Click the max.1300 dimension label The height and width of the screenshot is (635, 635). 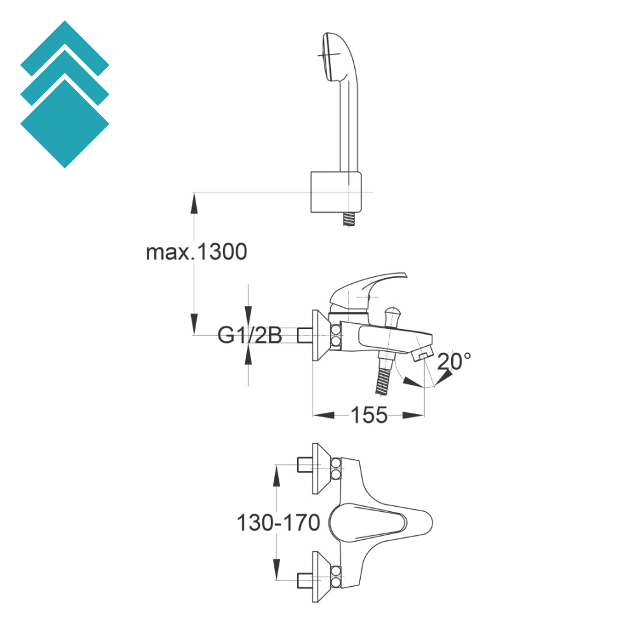(x=196, y=252)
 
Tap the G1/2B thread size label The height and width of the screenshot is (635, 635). (x=250, y=335)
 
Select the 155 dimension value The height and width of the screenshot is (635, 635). (x=369, y=415)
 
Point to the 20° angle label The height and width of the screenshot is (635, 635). (x=454, y=361)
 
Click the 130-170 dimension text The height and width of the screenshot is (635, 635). (x=278, y=523)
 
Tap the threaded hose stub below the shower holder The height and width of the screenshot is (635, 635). (x=347, y=220)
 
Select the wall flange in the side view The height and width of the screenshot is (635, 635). (x=321, y=337)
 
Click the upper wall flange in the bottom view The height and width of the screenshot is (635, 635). (x=321, y=469)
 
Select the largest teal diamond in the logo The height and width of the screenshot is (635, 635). (x=65, y=124)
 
